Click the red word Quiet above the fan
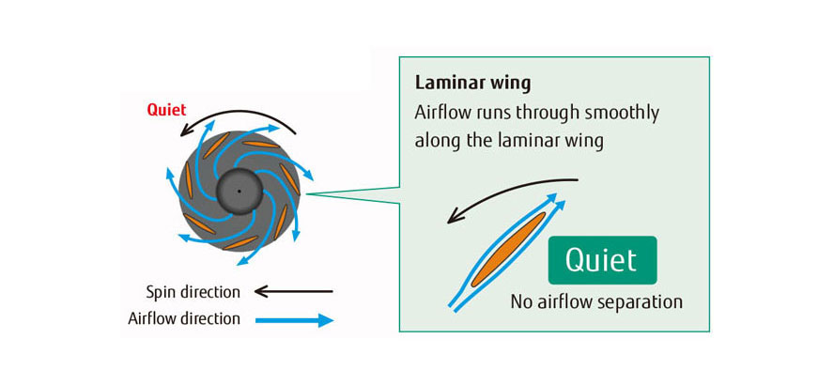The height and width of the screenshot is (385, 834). [166, 110]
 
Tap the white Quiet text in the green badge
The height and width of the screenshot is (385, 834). [602, 260]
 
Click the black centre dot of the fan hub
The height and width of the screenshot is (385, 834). [239, 192]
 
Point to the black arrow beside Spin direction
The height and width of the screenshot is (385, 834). [294, 291]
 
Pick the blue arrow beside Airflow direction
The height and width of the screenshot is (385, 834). [294, 319]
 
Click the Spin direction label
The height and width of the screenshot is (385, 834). [193, 291]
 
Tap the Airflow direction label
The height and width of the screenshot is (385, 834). [184, 319]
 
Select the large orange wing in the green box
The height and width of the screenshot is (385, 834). [508, 248]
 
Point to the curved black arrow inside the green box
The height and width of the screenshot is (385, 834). [507, 192]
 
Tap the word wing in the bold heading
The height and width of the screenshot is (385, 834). [510, 83]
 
